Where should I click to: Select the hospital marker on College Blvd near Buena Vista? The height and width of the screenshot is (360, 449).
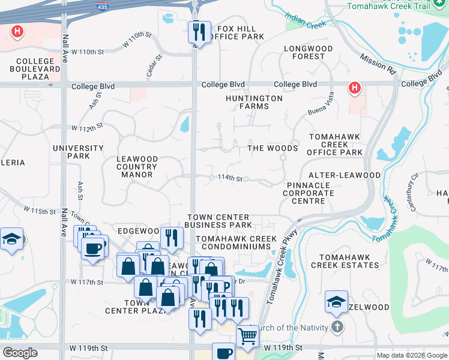[355, 88]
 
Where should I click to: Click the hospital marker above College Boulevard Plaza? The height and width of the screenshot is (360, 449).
[18, 31]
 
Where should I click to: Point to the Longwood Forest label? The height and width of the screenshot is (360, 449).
[304, 52]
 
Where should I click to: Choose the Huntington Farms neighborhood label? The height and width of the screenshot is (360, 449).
[254, 102]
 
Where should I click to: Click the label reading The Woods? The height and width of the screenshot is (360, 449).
[273, 148]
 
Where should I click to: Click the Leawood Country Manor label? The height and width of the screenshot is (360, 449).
[137, 167]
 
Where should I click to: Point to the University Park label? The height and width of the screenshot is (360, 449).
[78, 152]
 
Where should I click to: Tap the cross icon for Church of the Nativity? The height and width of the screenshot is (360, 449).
[337, 327]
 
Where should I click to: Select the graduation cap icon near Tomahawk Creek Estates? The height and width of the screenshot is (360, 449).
[336, 302]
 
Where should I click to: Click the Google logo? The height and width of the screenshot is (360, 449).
[20, 353]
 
